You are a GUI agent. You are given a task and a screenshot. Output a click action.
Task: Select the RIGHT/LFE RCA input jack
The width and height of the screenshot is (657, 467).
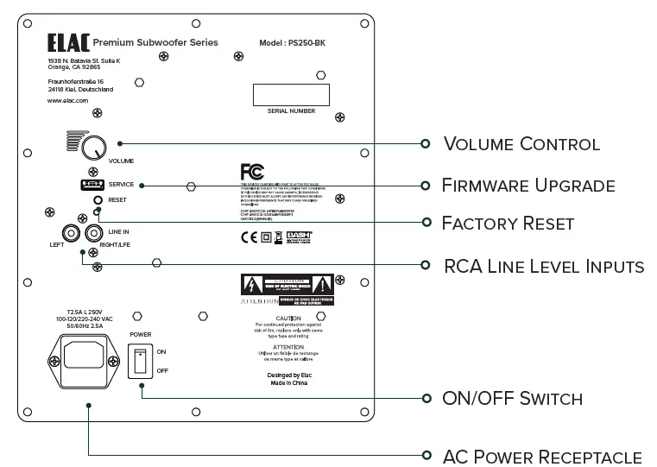(94, 233)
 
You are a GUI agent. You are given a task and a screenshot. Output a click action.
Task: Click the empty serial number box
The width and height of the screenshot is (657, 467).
(290, 94)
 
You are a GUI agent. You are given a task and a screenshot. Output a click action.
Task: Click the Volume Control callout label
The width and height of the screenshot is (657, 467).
(521, 143)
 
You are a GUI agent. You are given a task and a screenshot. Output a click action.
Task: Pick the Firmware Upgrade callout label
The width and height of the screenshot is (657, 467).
(528, 185)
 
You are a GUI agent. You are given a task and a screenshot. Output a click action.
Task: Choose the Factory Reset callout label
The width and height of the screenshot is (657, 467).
(508, 224)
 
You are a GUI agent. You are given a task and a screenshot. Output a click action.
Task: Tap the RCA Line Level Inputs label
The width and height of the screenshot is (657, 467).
(543, 266)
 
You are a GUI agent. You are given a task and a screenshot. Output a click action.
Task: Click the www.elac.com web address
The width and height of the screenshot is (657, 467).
(68, 100)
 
